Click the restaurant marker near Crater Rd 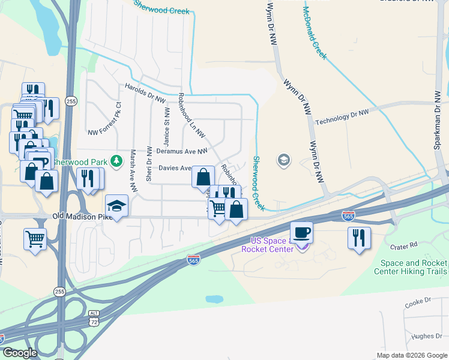(358, 236)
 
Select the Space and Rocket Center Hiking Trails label (411, 267)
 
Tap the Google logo (20, 353)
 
